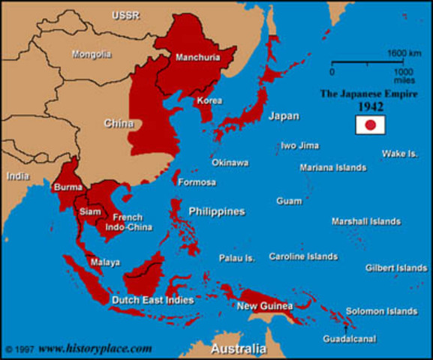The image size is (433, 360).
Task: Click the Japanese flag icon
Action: point(370,125)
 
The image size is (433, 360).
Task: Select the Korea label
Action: point(209,100)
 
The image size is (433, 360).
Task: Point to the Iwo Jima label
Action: point(299,145)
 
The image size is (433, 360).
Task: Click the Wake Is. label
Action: point(400,154)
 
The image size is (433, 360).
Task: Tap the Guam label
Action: point(289,201)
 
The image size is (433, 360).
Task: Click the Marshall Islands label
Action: point(366,221)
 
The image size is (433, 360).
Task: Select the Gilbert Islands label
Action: point(396,268)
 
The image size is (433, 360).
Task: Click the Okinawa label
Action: point(230,162)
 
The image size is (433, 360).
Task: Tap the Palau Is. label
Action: point(237,257)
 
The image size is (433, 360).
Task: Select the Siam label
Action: point(89,211)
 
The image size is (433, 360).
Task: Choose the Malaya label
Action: point(105,262)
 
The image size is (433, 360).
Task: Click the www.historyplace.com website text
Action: point(95,349)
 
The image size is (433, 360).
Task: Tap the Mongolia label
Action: point(92,54)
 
